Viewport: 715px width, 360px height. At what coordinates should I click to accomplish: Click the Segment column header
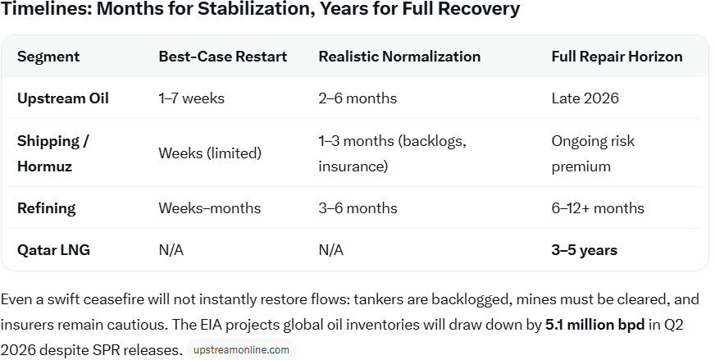pyautogui.click(x=48, y=57)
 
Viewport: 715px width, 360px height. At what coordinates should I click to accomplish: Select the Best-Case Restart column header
pyautogui.click(x=222, y=57)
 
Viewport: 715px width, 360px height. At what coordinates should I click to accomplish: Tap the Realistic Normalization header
pyautogui.click(x=399, y=57)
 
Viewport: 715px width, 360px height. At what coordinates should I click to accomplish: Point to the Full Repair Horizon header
pyautogui.click(x=617, y=57)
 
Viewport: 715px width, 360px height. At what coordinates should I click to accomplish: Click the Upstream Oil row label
pyautogui.click(x=63, y=98)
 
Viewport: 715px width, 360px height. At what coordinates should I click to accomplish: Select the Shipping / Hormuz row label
pyautogui.click(x=53, y=153)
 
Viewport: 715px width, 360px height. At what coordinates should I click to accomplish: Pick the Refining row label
pyautogui.click(x=47, y=208)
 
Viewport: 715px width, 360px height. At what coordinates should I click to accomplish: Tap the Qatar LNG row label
pyautogui.click(x=53, y=250)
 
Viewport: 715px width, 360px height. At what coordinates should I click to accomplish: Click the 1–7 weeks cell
pyautogui.click(x=192, y=98)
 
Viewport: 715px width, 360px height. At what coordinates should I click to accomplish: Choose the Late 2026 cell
pyautogui.click(x=585, y=98)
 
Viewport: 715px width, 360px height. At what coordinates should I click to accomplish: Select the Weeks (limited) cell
pyautogui.click(x=210, y=153)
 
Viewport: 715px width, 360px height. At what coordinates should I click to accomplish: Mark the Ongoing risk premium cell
pyautogui.click(x=593, y=153)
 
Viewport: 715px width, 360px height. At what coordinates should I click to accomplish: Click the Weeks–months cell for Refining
pyautogui.click(x=210, y=208)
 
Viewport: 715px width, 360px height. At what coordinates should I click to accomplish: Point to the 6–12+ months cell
pyautogui.click(x=598, y=208)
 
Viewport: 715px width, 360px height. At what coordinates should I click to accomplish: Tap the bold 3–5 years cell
pyautogui.click(x=584, y=250)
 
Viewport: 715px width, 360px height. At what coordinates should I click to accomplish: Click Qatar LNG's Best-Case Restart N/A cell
pyautogui.click(x=171, y=250)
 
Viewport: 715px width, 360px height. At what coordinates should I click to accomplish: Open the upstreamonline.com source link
pyautogui.click(x=241, y=350)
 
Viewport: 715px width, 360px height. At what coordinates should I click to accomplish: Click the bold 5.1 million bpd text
pyautogui.click(x=594, y=325)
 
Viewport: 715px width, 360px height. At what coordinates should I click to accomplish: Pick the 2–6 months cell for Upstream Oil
pyautogui.click(x=357, y=98)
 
